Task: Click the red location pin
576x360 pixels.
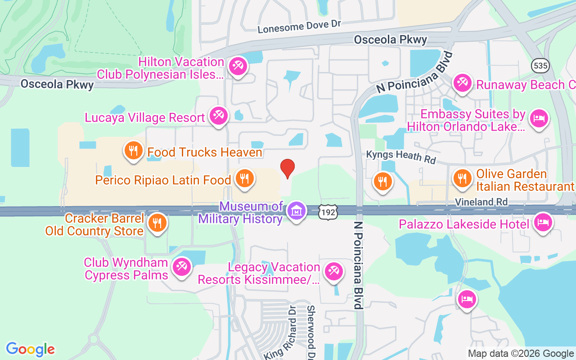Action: [x=288, y=169]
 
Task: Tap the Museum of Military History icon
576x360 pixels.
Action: [x=297, y=210]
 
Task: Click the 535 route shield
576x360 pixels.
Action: [x=540, y=66]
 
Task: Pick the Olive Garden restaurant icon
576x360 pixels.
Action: [x=462, y=177]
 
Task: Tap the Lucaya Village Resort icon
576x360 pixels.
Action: [x=219, y=116]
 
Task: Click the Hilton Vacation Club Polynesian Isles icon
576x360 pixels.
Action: [x=237, y=67]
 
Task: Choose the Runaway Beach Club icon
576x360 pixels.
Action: [x=462, y=82]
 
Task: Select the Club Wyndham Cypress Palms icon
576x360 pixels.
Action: [x=182, y=266]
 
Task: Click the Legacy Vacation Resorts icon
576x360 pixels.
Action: [x=333, y=271]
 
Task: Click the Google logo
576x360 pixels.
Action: [x=31, y=349]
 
